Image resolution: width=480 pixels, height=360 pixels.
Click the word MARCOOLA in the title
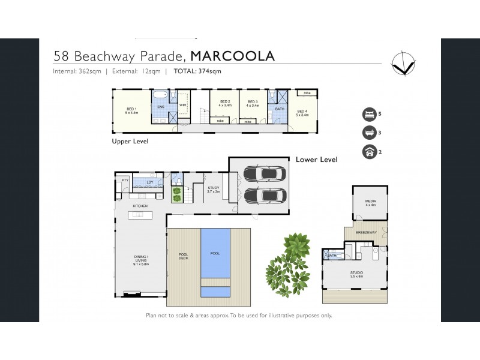232,56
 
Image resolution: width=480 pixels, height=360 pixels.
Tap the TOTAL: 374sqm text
197,71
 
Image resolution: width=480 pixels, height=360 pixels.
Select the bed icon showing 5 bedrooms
368,114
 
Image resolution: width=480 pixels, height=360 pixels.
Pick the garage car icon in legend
368,152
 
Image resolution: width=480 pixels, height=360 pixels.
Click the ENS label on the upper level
161,107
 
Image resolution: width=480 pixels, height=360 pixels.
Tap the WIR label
183,107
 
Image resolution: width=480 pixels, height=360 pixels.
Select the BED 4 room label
302,112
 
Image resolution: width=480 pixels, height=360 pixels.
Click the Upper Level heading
130,142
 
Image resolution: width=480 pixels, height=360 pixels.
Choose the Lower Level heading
316,160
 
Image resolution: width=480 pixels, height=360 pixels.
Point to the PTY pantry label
125,180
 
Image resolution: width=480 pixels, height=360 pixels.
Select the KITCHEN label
140,206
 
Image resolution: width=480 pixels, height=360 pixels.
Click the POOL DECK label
184,256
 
